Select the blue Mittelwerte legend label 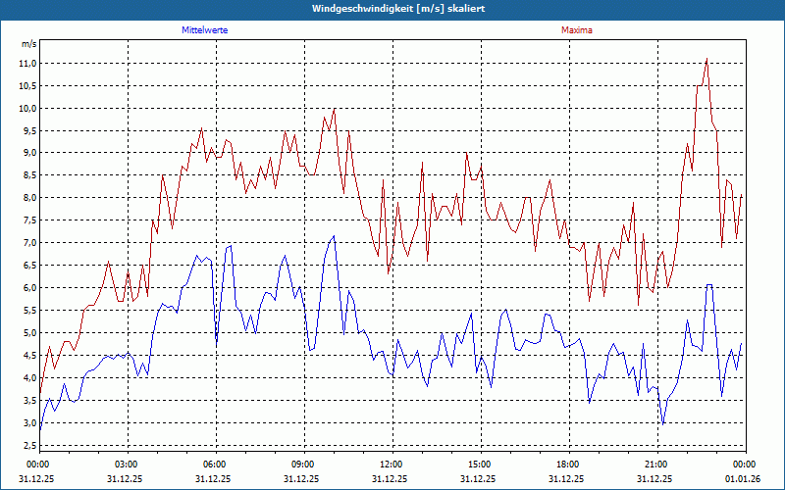[x=211, y=30]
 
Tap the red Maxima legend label [x=576, y=30]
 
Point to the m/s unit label [x=29, y=44]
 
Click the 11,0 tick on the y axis [x=27, y=63]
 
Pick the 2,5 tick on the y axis [x=29, y=446]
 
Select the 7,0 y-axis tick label [x=29, y=243]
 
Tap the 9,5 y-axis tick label [x=29, y=130]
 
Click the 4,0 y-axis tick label [x=29, y=378]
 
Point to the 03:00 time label [x=127, y=464]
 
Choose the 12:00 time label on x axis [x=392, y=464]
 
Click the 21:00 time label [x=656, y=464]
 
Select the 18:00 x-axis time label [x=568, y=464]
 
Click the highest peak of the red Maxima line [x=706, y=59]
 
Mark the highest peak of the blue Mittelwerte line [x=334, y=236]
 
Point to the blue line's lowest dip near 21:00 [x=663, y=423]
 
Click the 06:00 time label [x=215, y=464]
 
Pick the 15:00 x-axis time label [x=480, y=464]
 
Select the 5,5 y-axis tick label [x=29, y=311]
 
